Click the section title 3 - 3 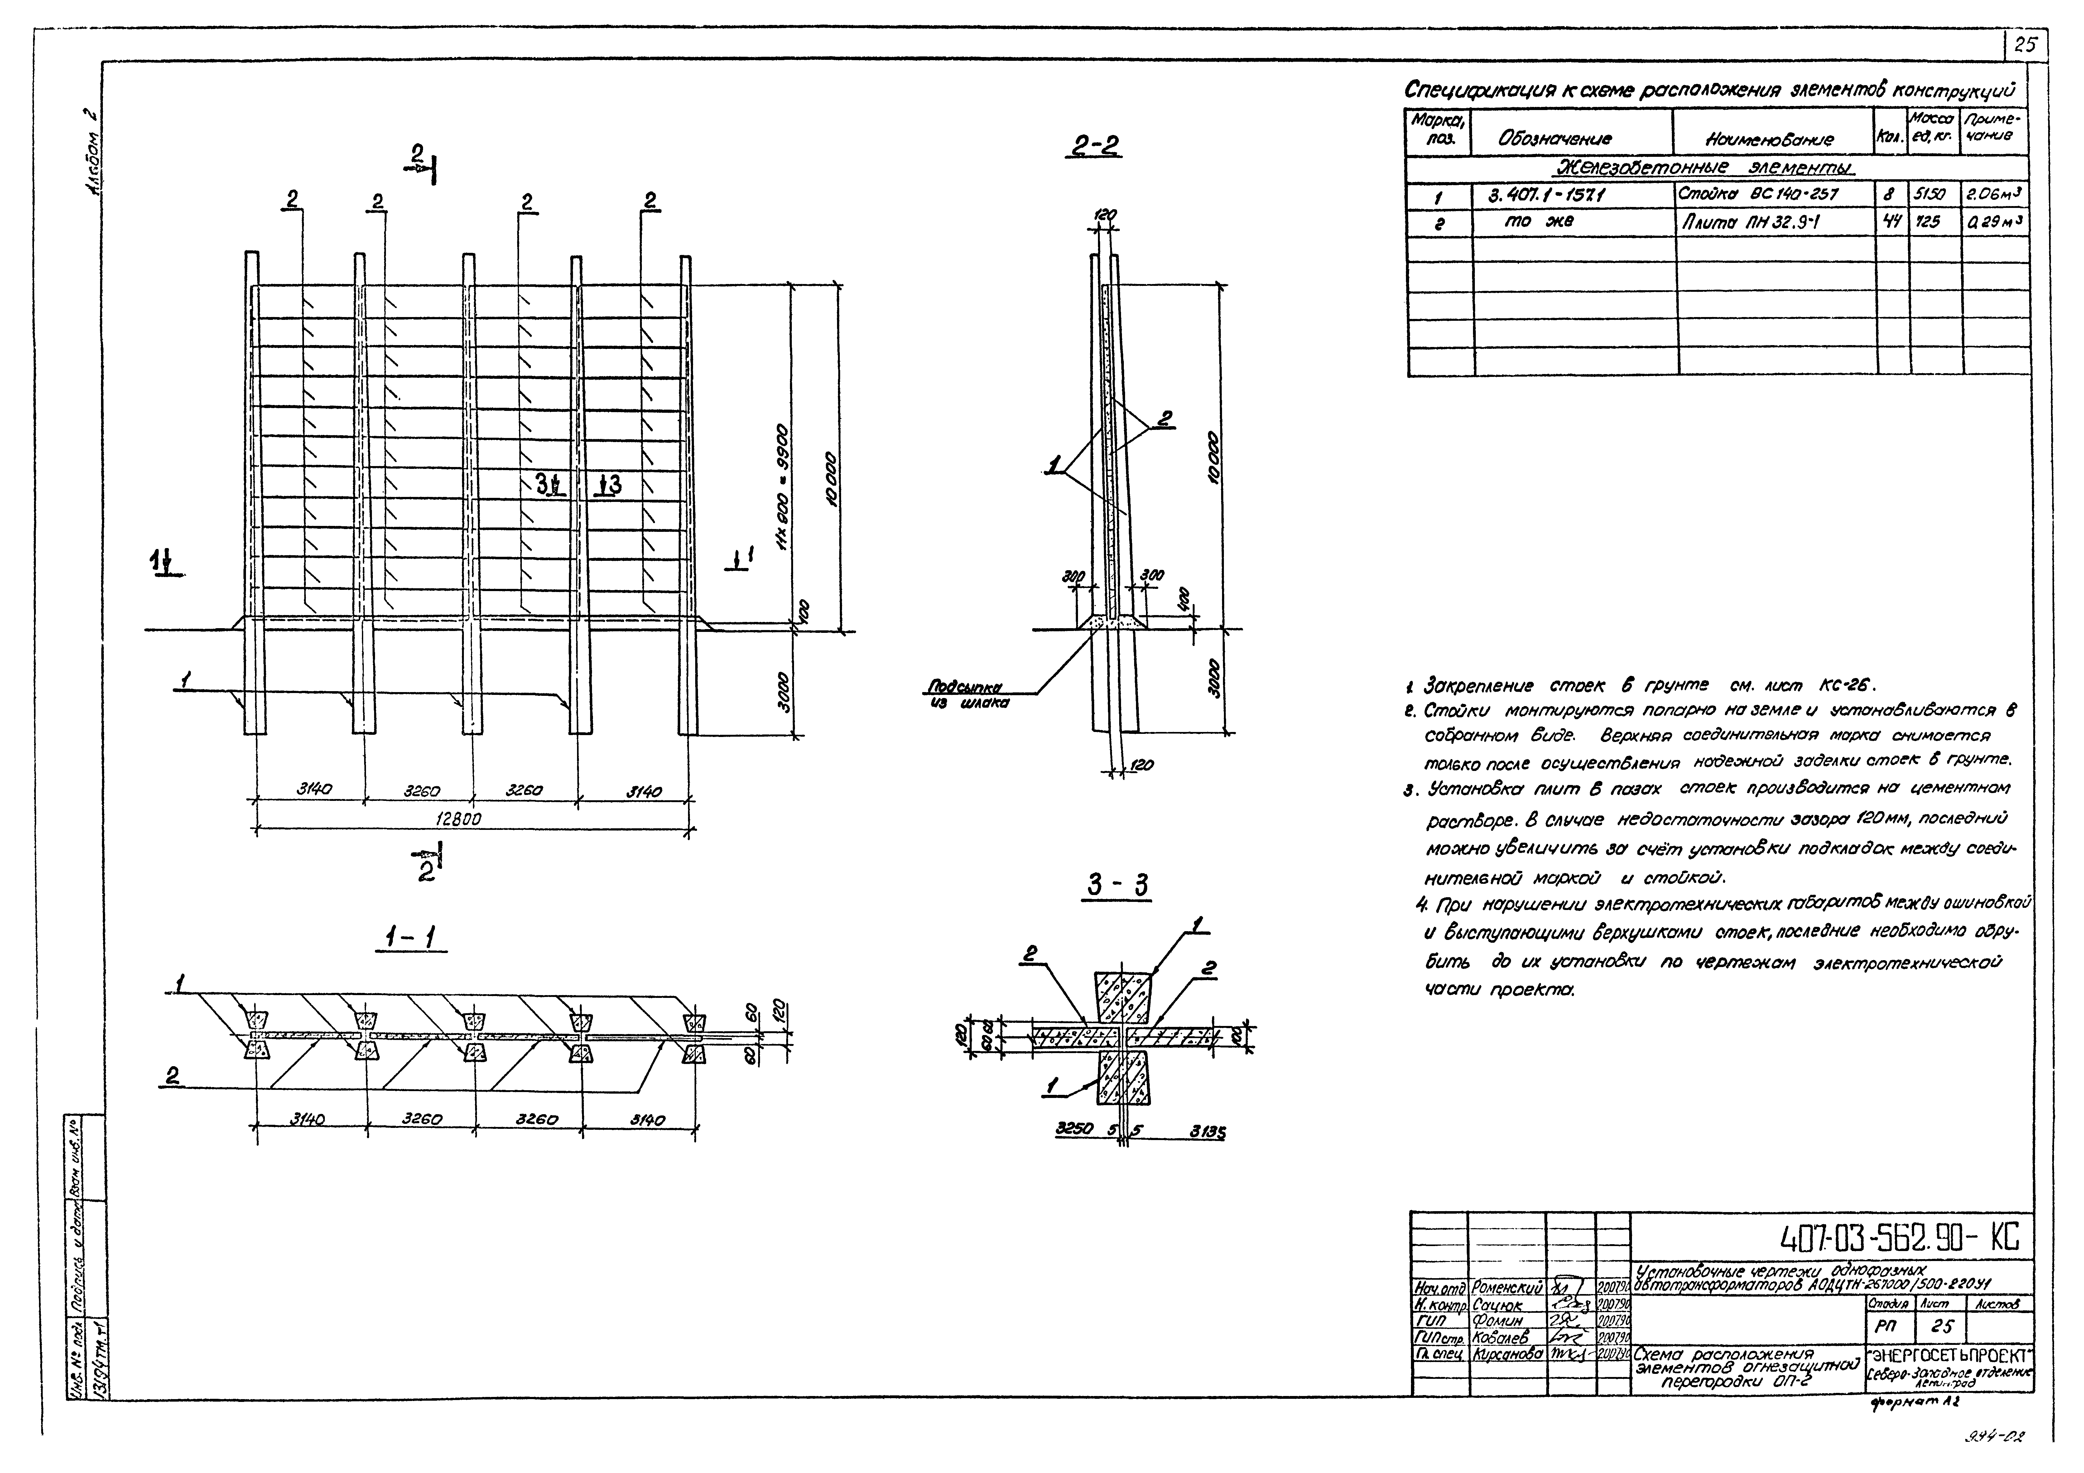point(1118,885)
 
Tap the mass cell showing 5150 point(1927,193)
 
